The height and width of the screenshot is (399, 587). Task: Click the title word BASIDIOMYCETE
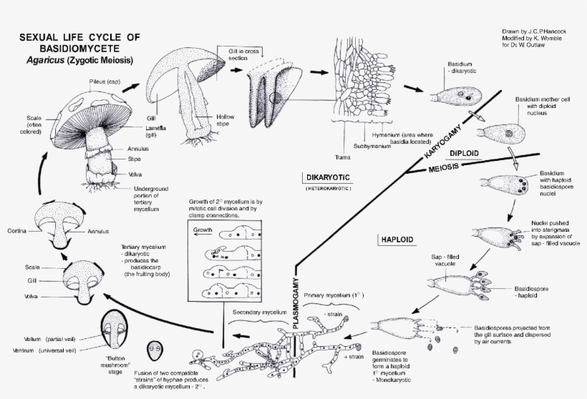tap(79, 49)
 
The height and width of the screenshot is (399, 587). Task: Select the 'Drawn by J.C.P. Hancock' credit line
tap(532, 33)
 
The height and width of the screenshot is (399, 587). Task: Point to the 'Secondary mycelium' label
tap(258, 312)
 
